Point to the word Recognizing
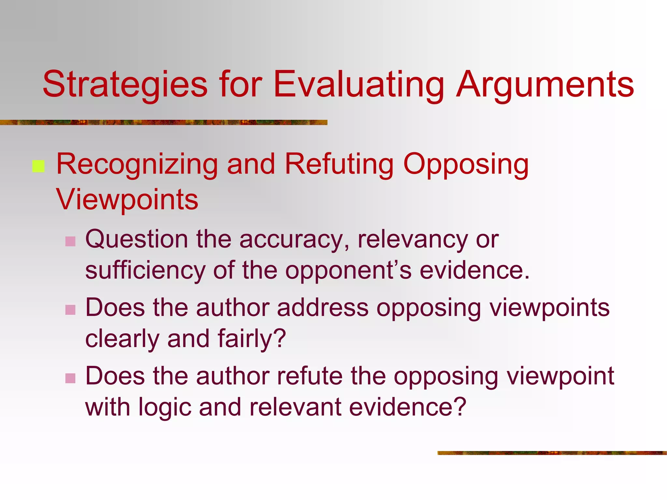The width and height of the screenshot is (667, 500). (x=137, y=165)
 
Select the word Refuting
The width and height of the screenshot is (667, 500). (x=339, y=164)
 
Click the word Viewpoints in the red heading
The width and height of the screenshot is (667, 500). (x=127, y=199)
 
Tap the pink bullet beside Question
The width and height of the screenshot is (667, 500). (x=70, y=241)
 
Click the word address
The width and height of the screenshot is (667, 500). (x=323, y=307)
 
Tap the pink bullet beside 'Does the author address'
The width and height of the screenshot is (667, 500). (x=70, y=310)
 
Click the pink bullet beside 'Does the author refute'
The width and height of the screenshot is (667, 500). (x=70, y=378)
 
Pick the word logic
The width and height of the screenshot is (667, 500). (x=164, y=407)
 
